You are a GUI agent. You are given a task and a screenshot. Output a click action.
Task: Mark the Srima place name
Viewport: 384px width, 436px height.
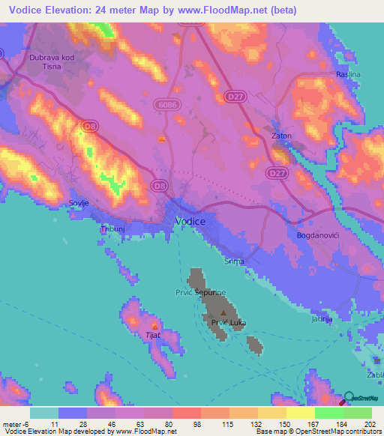tap(235, 261)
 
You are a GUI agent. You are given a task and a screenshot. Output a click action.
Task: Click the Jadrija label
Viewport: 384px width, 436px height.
tap(321, 319)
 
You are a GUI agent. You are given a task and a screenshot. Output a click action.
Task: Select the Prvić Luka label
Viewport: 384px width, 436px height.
tap(229, 323)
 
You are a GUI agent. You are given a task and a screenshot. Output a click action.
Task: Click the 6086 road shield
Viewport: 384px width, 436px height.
tap(167, 107)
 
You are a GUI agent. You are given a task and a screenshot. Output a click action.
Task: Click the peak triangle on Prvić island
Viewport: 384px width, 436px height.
tap(223, 313)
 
